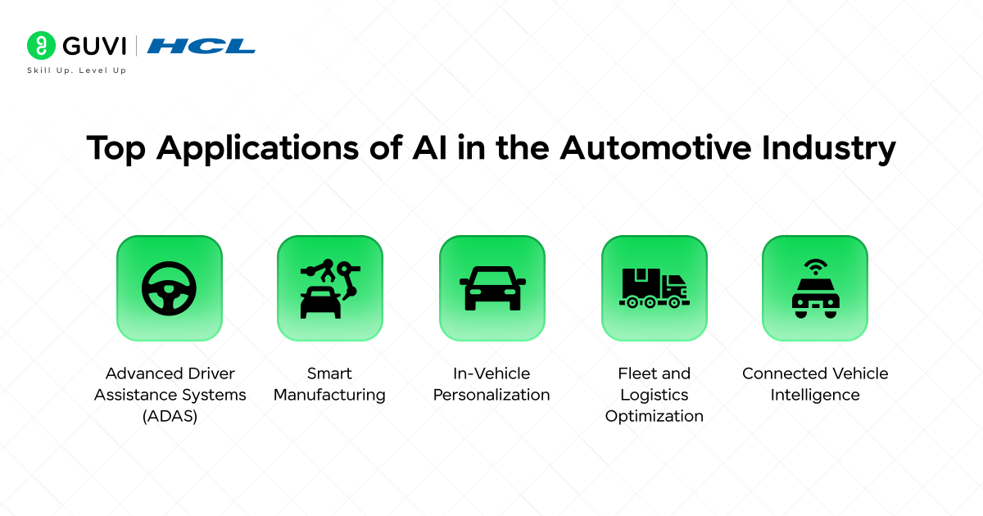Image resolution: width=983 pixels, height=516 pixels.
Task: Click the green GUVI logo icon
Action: (40, 45)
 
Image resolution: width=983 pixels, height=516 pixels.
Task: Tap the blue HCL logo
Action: (201, 46)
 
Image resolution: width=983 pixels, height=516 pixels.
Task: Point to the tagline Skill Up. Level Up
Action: (77, 70)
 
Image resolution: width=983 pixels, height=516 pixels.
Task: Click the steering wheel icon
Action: (169, 288)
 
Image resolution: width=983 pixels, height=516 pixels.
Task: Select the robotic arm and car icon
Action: (329, 288)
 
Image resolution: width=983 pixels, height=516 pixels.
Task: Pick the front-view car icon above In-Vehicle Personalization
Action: (491, 288)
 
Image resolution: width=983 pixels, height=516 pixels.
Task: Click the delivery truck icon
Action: (654, 288)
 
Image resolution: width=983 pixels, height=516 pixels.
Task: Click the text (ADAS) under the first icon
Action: (170, 416)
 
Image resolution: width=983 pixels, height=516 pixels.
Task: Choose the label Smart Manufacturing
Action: (329, 384)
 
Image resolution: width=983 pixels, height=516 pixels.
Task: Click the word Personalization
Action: (491, 395)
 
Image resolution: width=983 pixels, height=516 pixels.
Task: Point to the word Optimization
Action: (654, 416)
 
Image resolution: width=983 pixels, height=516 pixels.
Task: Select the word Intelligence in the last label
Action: (815, 395)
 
